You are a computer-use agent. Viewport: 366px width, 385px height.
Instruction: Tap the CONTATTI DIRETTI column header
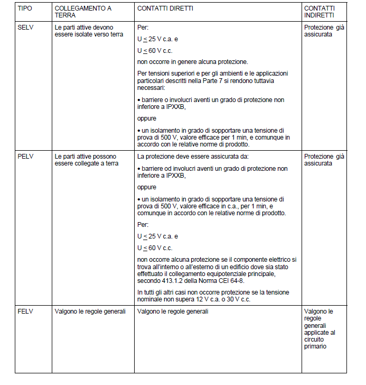pos(165,8)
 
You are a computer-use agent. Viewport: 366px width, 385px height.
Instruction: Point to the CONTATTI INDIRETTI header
pos(320,12)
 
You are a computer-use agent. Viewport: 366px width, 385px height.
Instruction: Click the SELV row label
pos(26,27)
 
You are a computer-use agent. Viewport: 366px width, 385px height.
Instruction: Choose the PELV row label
pos(26,157)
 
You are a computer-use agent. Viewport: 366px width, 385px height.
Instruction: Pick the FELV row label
pos(26,311)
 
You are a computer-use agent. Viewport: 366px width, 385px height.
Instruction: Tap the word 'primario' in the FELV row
pos(316,346)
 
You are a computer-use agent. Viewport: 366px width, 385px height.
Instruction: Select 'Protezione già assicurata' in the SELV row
pos(324,31)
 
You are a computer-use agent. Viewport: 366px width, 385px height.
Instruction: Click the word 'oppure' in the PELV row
pos(146,187)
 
